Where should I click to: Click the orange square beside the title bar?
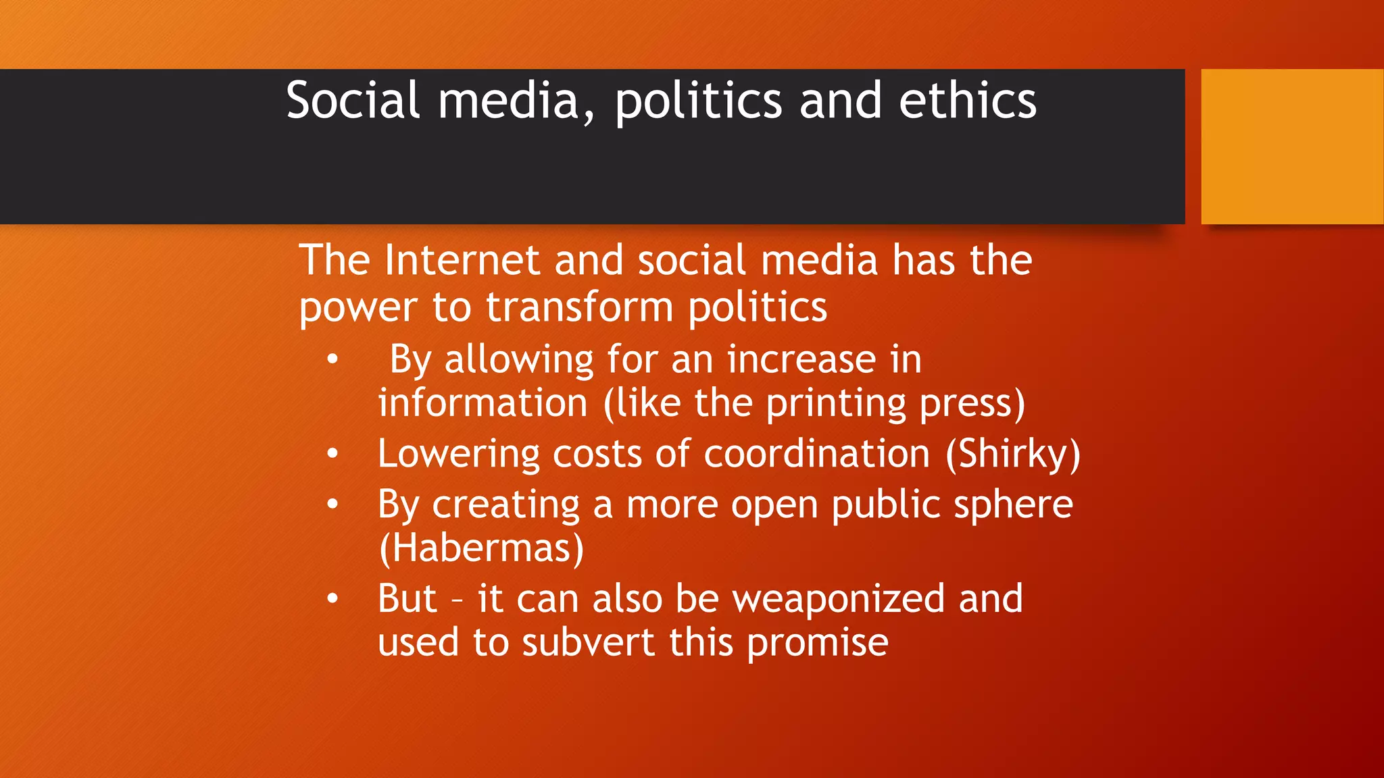[x=1292, y=147]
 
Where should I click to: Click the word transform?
[x=579, y=308]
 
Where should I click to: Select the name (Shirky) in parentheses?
[x=1012, y=454]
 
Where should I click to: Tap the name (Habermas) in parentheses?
[x=481, y=548]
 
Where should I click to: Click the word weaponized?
[x=839, y=600]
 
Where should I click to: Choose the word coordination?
[x=816, y=453]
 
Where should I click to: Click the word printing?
[x=835, y=405]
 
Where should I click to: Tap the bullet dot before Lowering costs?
[x=332, y=455]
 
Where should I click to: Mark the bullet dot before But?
[x=332, y=599]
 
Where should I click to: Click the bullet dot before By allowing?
[x=332, y=360]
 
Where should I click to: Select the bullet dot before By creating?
[x=332, y=504]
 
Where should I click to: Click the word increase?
[x=801, y=359]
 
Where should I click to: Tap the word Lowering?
[x=458, y=455]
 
